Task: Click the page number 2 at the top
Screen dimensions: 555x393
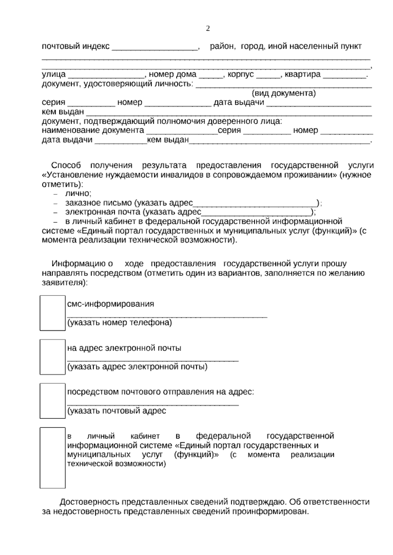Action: point(208,29)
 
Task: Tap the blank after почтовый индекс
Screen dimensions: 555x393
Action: point(155,48)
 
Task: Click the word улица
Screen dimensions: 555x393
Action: point(54,75)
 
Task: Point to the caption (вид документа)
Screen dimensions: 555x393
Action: point(284,94)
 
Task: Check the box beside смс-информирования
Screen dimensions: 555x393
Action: point(52,313)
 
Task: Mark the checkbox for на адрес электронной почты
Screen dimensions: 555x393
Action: point(52,357)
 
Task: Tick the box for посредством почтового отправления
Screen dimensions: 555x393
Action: point(52,401)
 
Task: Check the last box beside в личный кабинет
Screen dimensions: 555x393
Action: point(52,457)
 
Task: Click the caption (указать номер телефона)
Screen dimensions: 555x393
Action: point(120,323)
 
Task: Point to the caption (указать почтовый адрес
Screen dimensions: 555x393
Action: point(117,411)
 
